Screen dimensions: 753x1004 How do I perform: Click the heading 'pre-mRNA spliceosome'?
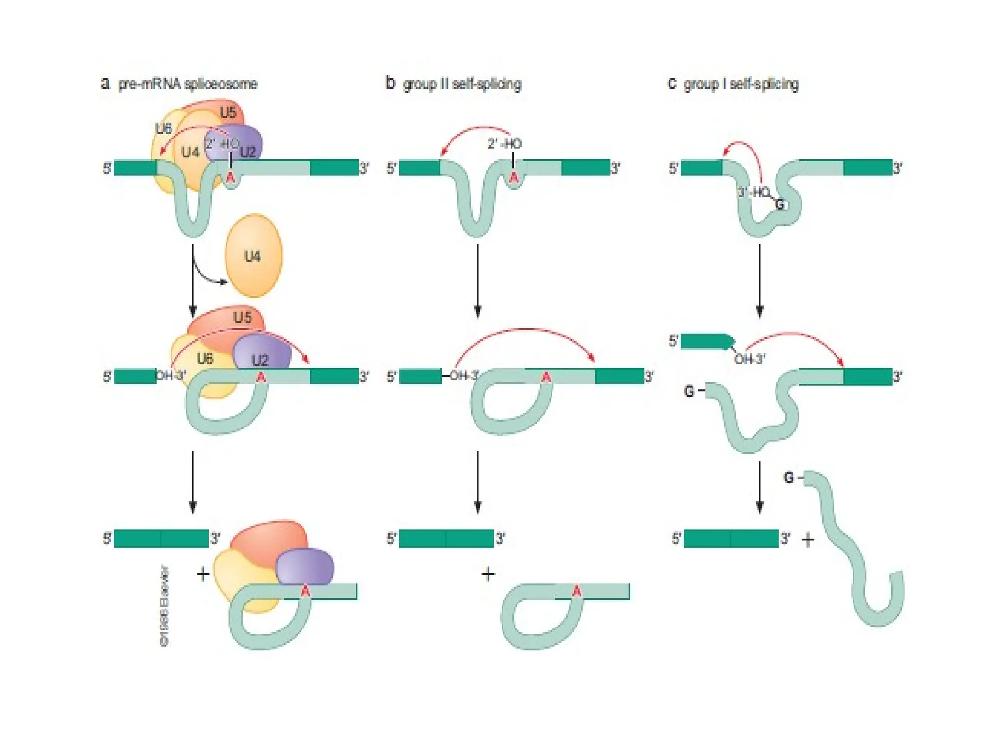187,84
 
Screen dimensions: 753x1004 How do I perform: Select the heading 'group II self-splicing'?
461,84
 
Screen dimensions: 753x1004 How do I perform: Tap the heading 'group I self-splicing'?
741,84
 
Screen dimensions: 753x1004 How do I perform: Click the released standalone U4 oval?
253,255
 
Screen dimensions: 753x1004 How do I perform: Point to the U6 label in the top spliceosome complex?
163,128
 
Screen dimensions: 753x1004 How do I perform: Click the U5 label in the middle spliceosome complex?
242,317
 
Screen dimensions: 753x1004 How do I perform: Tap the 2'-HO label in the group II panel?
504,144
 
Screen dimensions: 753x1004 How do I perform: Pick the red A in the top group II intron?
513,177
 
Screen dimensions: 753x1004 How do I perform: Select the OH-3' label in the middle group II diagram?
464,376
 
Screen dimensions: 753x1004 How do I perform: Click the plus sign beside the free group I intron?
807,540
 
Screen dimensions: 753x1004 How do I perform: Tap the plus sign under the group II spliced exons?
488,574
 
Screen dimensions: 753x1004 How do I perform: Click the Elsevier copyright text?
165,606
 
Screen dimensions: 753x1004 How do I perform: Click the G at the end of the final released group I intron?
789,477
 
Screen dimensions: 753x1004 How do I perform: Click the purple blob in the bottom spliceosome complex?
305,566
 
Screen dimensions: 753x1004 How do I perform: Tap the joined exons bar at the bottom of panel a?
161,538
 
